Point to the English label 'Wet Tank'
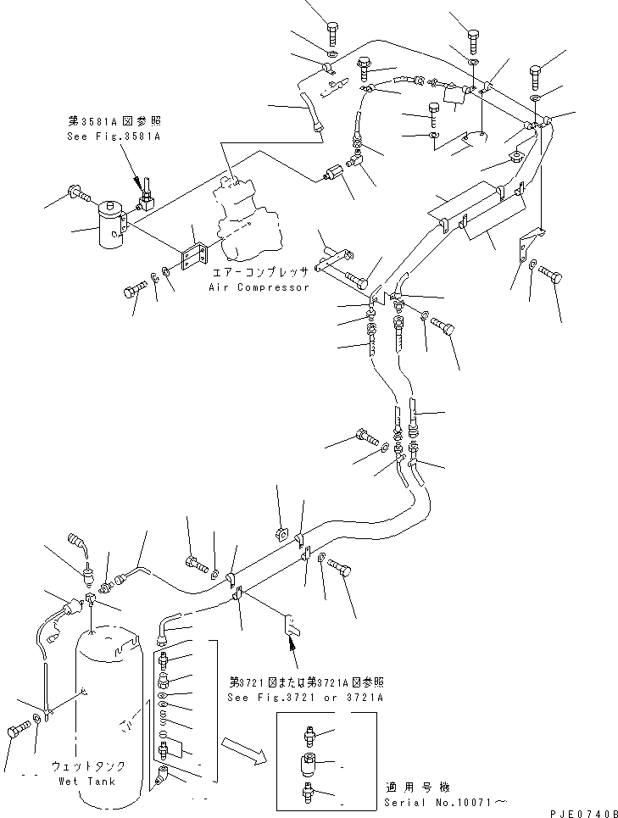click(x=88, y=781)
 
